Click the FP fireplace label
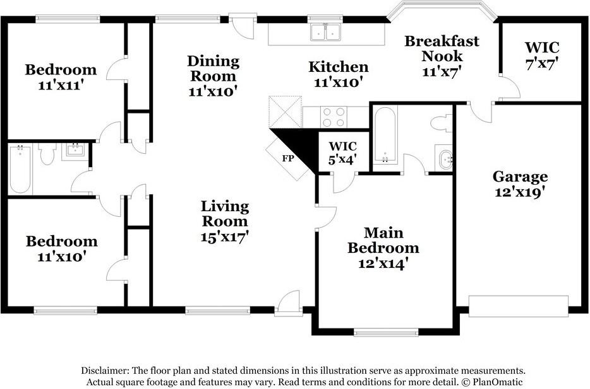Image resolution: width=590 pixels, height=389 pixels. [x=288, y=158]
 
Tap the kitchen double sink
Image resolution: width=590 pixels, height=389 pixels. [x=326, y=32]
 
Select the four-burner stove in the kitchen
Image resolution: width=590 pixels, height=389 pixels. [x=334, y=117]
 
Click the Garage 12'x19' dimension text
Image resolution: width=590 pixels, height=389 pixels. [x=520, y=192]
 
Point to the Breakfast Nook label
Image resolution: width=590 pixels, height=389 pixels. [x=442, y=49]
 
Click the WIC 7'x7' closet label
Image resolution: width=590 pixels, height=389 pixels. [x=542, y=55]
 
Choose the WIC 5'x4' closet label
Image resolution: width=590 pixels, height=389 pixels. [x=342, y=153]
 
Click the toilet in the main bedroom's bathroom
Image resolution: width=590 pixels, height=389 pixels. [x=442, y=124]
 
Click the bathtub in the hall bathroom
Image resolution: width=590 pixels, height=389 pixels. [x=20, y=170]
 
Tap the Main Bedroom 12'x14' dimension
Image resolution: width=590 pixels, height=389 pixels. [x=383, y=264]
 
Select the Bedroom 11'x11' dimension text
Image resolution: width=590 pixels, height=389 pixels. [x=61, y=85]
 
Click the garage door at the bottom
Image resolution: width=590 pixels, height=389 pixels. [x=518, y=306]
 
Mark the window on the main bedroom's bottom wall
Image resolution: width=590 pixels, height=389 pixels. [x=386, y=332]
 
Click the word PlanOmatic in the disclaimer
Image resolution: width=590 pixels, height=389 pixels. [x=497, y=382]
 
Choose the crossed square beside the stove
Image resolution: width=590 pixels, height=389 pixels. [x=286, y=112]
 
